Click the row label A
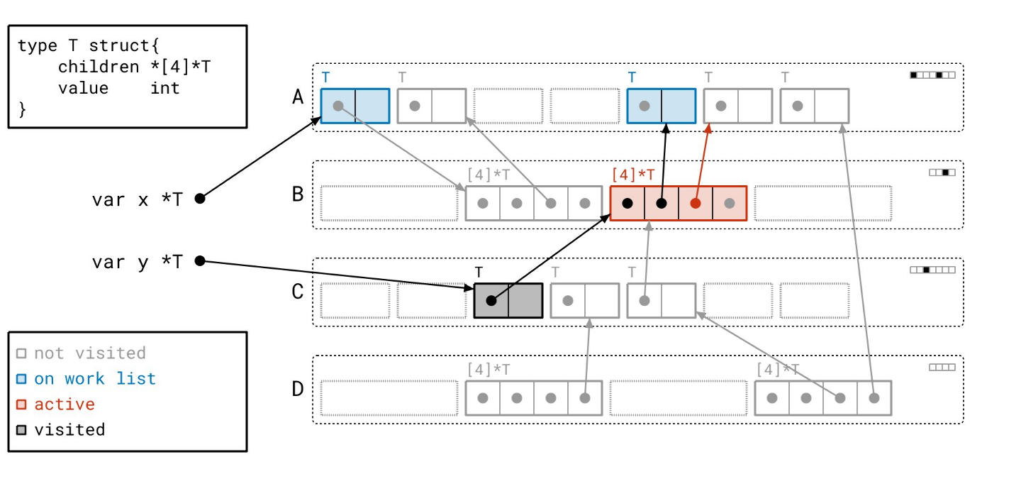point(298,97)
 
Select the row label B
point(298,194)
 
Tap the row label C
point(298,292)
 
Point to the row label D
point(298,389)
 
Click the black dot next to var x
point(200,199)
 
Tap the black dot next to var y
point(200,261)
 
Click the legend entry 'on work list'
point(94,379)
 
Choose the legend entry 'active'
point(65,404)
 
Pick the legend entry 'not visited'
point(89,353)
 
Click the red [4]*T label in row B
point(633,175)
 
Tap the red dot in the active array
point(696,203)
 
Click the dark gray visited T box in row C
point(508,300)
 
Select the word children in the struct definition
point(99,67)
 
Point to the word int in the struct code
point(165,88)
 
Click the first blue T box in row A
point(355,106)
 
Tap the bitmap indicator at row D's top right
point(942,368)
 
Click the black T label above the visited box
point(479,272)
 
